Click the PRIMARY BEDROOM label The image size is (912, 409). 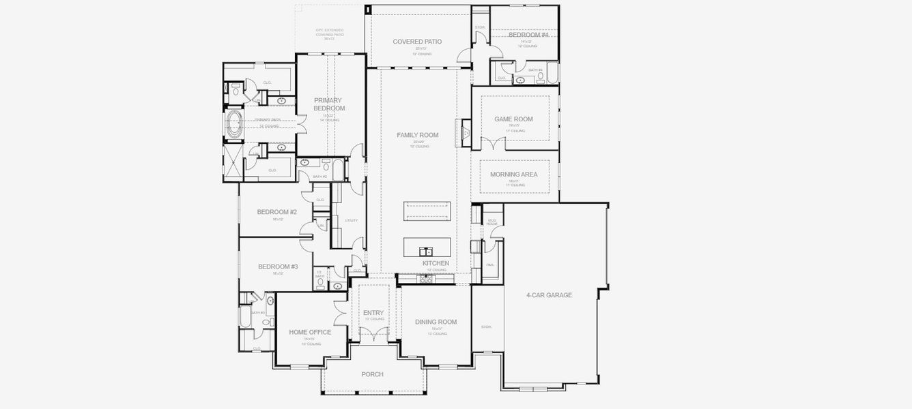click(x=329, y=104)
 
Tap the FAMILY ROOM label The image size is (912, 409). click(x=417, y=135)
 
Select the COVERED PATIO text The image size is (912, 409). click(x=417, y=42)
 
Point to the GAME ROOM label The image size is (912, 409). click(x=513, y=119)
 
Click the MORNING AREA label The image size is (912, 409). click(x=513, y=175)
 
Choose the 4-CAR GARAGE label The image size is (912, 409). click(x=549, y=295)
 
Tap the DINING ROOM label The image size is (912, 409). click(x=436, y=322)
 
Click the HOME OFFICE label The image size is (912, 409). click(x=309, y=333)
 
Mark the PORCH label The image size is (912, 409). click(x=372, y=374)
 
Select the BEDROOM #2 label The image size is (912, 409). click(x=276, y=212)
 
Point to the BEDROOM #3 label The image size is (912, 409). click(x=278, y=267)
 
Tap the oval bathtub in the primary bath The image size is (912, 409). click(x=234, y=125)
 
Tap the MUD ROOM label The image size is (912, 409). click(x=491, y=222)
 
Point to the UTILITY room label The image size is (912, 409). click(x=352, y=220)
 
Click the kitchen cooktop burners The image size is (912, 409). click(x=427, y=279)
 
